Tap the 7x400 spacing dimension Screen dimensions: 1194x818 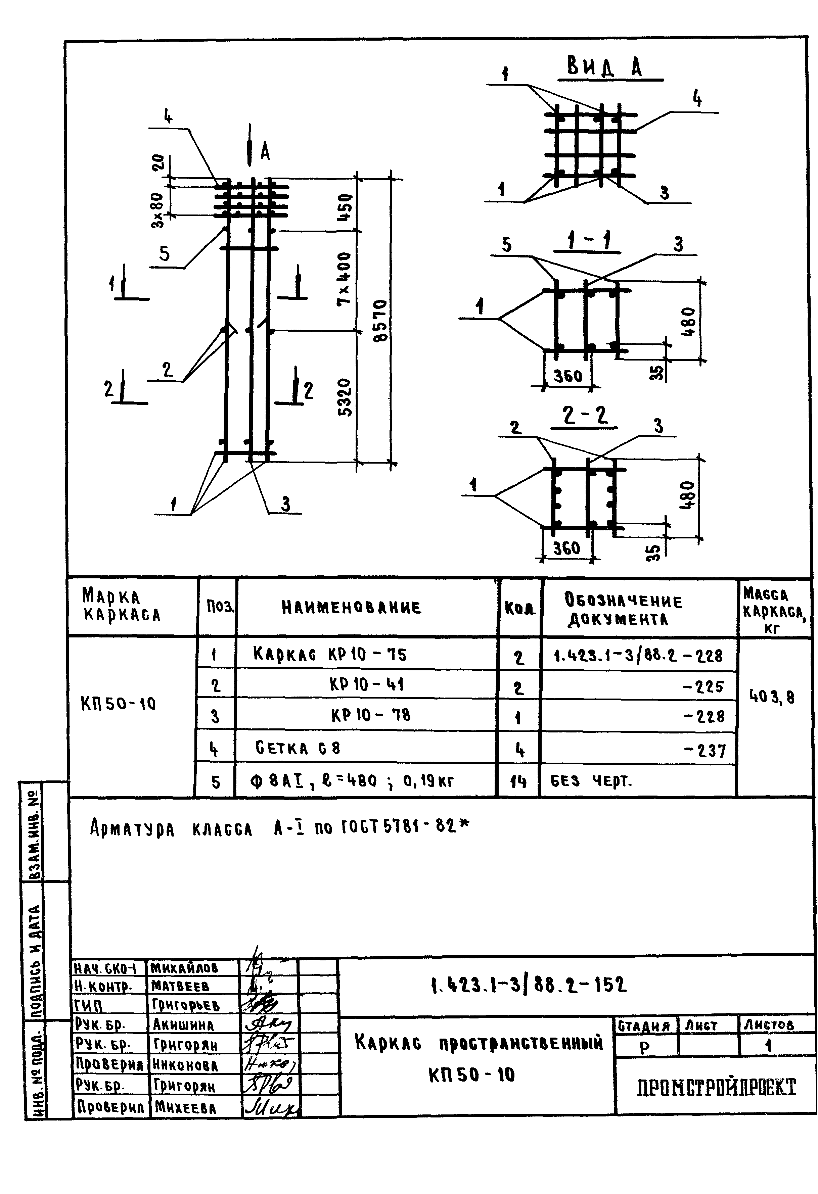tap(344, 280)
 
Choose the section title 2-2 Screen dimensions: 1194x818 tap(584, 415)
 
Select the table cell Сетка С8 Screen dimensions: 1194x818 tap(298, 748)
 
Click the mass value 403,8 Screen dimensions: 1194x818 tap(772, 697)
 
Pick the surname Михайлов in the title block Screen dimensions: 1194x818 tap(184, 968)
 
